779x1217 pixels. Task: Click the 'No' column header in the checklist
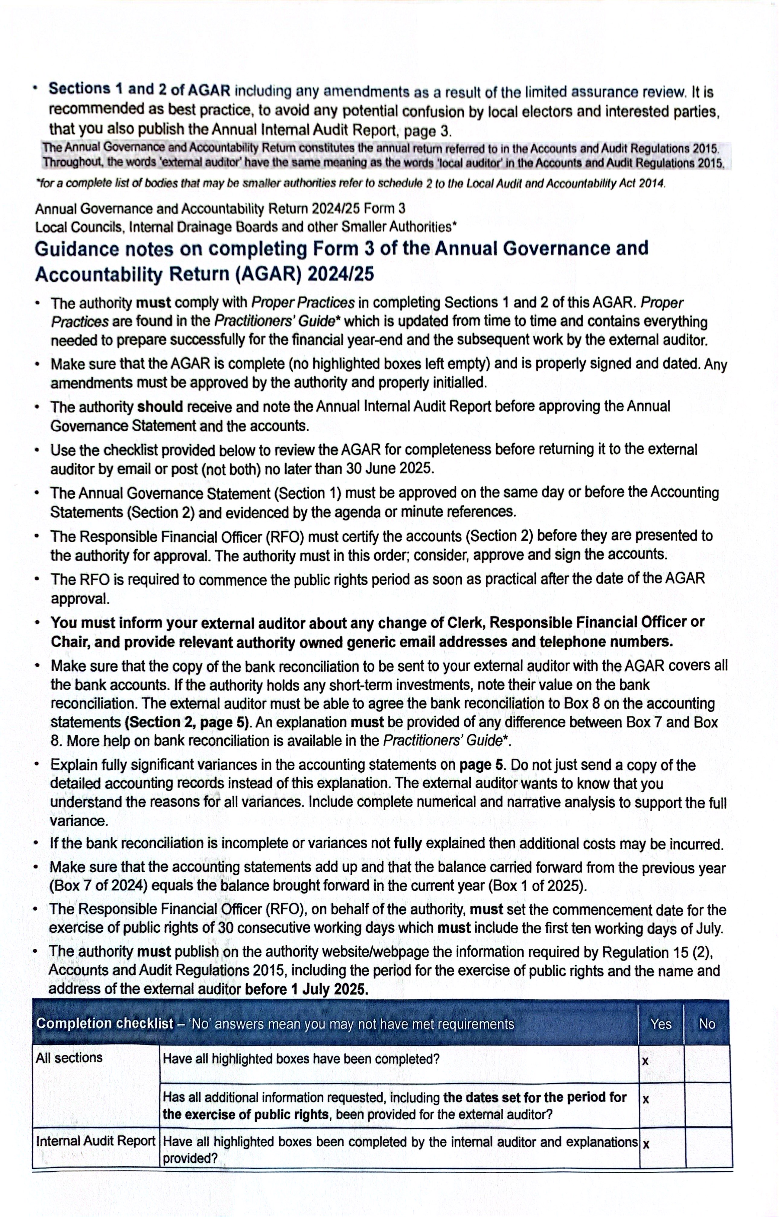tap(706, 1024)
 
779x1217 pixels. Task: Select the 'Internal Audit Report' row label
tap(95, 1141)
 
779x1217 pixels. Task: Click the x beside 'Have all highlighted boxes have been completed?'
tap(645, 1061)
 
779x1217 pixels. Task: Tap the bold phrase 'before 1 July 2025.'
tap(306, 989)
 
